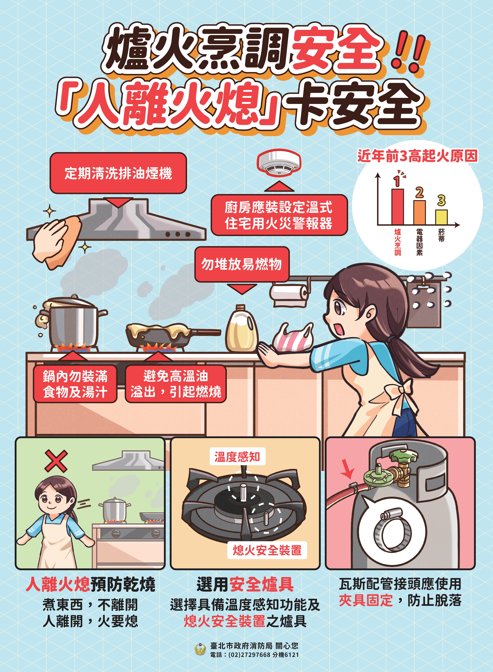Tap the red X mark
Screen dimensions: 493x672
pyautogui.click(x=56, y=461)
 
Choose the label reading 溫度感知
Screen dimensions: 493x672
pyautogui.click(x=237, y=457)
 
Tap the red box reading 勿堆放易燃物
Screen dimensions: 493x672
pyautogui.click(x=242, y=264)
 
